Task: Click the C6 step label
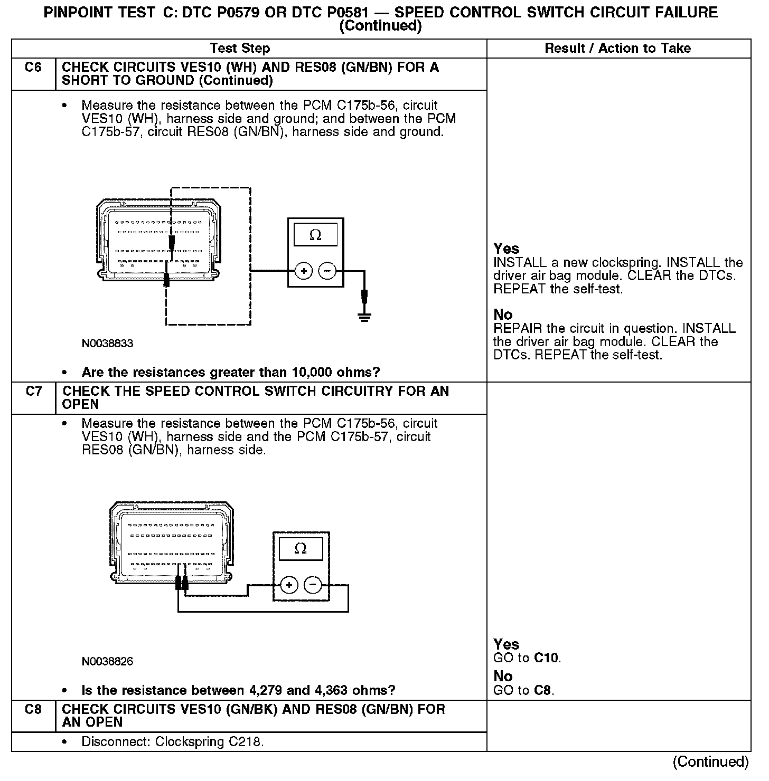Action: [33, 68]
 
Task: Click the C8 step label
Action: [33, 710]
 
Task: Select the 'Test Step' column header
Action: [240, 49]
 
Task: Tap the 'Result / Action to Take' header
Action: [617, 49]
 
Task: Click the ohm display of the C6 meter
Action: [315, 235]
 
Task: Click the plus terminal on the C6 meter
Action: [304, 271]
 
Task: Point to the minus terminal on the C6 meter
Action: [327, 271]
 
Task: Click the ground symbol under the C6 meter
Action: [364, 317]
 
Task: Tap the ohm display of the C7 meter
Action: [301, 549]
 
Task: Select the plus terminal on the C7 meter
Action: [289, 585]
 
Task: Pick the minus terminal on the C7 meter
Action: [313, 585]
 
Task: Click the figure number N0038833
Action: [107, 344]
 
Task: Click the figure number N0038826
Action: [107, 662]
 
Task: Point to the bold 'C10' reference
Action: [546, 658]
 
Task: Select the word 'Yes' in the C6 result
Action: [506, 249]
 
